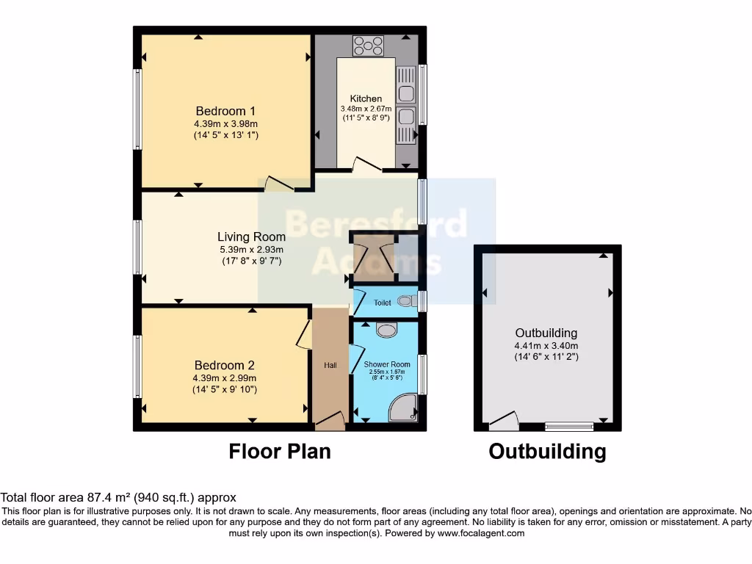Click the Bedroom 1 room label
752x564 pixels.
[x=225, y=112]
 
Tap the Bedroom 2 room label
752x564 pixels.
[x=224, y=365]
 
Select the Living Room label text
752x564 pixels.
[x=251, y=236]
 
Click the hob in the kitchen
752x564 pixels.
[x=367, y=46]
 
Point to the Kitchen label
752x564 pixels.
[x=366, y=98]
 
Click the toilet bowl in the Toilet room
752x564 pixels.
[x=406, y=301]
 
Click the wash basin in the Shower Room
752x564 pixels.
[x=386, y=330]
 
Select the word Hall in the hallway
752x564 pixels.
[x=330, y=365]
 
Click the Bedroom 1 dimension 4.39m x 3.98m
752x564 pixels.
[x=225, y=124]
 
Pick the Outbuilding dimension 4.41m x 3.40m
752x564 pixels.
[x=546, y=346]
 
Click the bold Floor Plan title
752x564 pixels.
[x=280, y=450]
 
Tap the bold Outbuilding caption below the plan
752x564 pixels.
[x=547, y=451]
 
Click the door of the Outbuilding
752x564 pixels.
[x=504, y=422]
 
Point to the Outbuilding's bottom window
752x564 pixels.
[x=569, y=426]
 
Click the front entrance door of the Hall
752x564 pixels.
[x=330, y=421]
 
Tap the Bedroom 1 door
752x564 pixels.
[x=279, y=184]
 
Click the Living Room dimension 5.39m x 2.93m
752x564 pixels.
[x=251, y=250]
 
